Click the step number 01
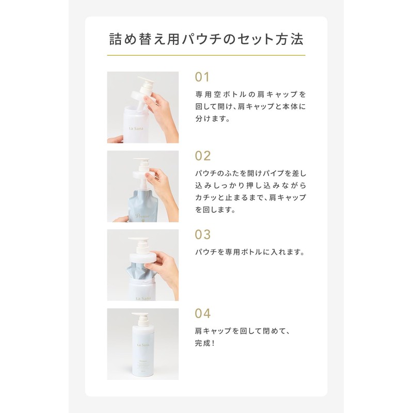point(202,77)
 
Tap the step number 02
point(203,156)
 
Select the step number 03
point(203,234)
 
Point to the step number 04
point(203,313)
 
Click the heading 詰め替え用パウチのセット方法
point(206,39)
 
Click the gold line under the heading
point(206,55)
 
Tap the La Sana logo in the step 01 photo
point(136,128)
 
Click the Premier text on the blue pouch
point(142,216)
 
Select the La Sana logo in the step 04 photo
point(143,345)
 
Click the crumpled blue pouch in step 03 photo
point(139,272)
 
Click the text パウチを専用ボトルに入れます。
point(250,252)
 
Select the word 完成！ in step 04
point(205,343)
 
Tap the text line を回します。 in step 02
point(215,210)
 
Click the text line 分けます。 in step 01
point(213,119)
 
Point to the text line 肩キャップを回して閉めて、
point(243,331)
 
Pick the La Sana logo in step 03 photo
point(144,298)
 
